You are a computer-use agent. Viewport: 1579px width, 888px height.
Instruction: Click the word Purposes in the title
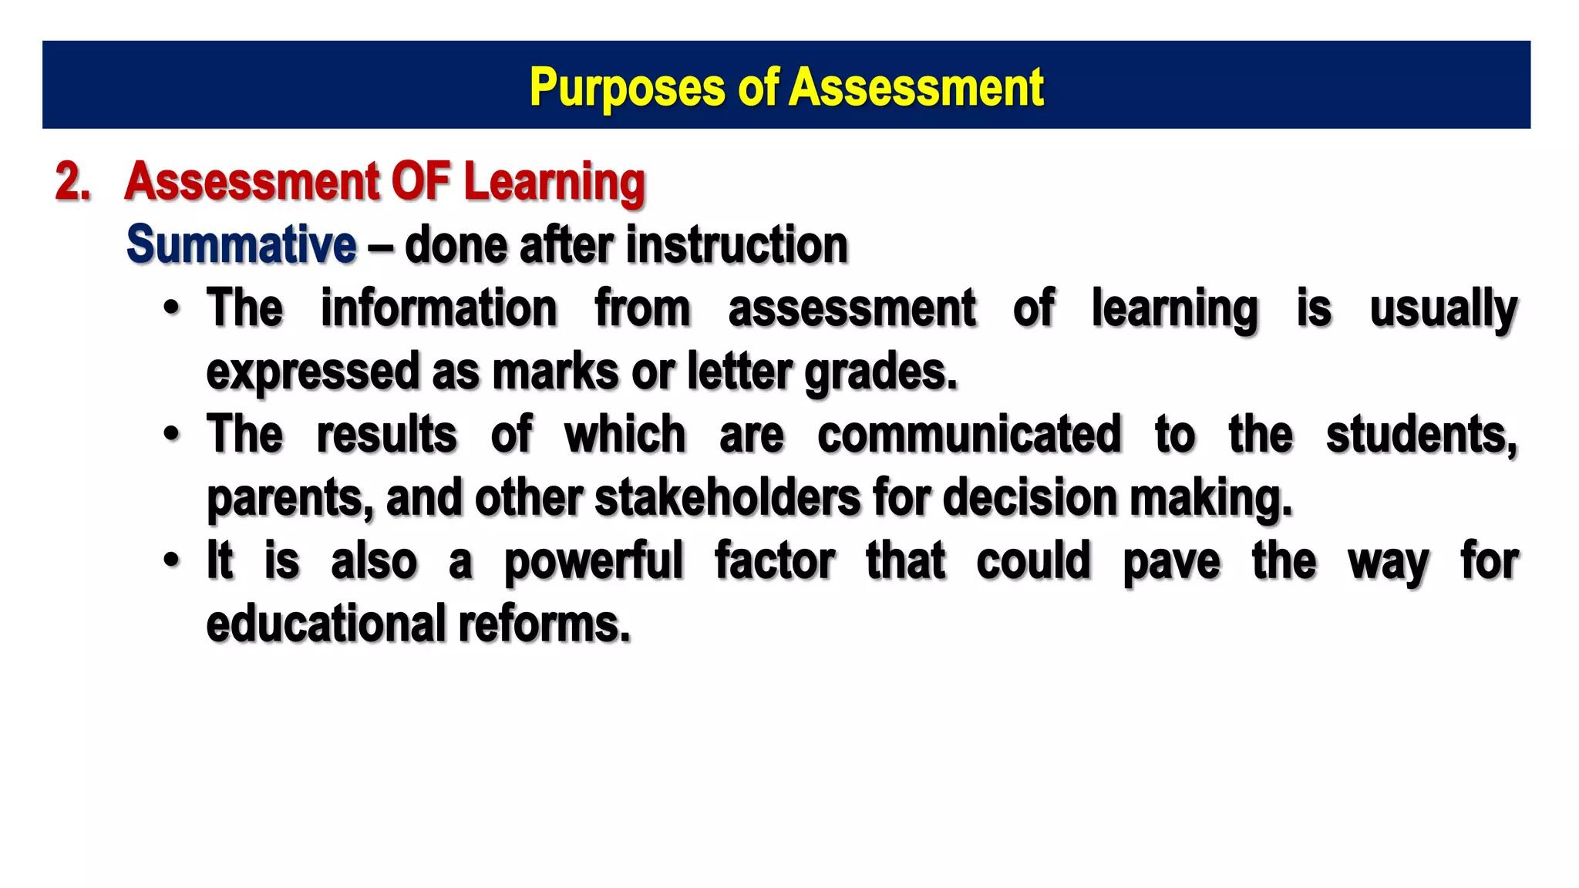pos(626,88)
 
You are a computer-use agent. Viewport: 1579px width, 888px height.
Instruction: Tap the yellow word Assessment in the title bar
pos(917,86)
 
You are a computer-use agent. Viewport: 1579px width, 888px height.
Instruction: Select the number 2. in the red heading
pos(73,183)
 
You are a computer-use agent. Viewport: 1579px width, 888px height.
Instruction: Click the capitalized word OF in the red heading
pos(420,182)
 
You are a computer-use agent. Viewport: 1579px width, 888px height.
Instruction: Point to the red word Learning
pos(554,183)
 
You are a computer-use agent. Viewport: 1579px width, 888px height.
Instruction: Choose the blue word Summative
pos(241,245)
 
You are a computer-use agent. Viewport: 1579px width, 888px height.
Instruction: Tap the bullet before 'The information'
pos(172,308)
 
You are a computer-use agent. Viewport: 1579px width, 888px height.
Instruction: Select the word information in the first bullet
pos(439,308)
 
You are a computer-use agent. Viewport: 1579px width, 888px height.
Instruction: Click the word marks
pos(555,372)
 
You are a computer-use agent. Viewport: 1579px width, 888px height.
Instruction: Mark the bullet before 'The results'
pos(172,434)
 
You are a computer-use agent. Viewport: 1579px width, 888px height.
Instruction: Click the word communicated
pos(969,434)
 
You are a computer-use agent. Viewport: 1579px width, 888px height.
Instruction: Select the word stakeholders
pos(727,497)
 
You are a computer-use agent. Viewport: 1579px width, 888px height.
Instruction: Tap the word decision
pos(1029,497)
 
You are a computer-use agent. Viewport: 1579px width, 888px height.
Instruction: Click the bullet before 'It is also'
pos(172,560)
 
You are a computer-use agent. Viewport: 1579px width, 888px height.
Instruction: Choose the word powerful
pos(594,561)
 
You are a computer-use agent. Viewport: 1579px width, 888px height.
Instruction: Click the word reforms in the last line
pos(544,623)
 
